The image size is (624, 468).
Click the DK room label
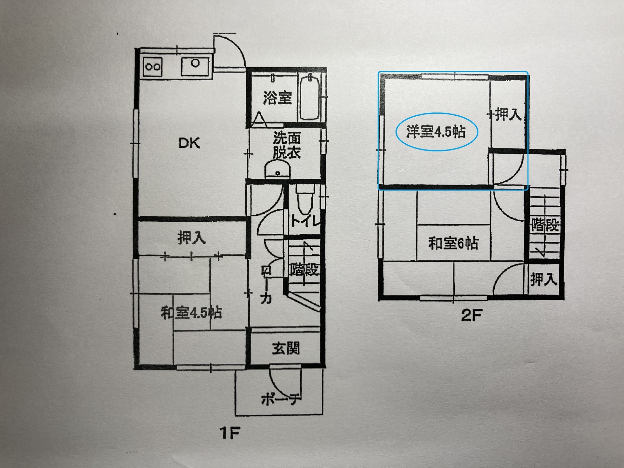coord(189,143)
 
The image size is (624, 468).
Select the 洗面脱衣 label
coord(287,145)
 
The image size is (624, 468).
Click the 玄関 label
coord(286,348)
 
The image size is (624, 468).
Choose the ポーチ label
coord(280,399)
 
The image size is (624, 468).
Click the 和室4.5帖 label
coord(191,313)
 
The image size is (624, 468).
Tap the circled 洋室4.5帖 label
coord(436,132)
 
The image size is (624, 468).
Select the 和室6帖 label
coord(453,243)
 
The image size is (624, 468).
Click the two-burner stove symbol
coord(153,67)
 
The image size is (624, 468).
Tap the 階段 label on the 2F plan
coord(545,225)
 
